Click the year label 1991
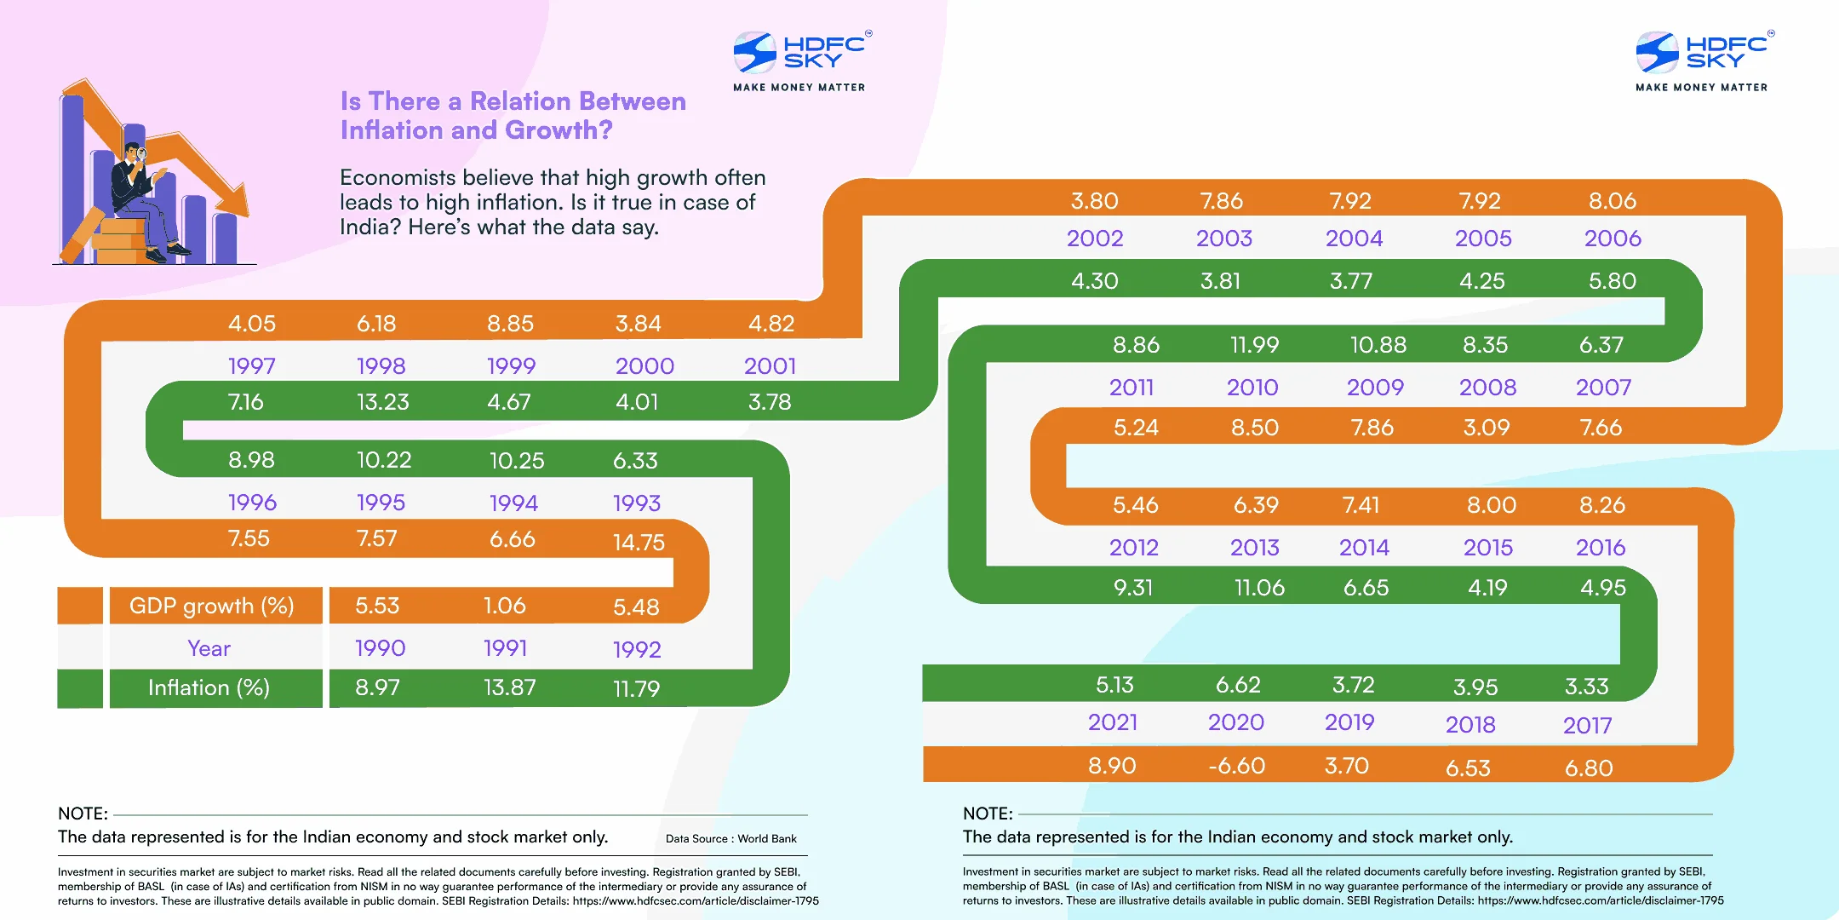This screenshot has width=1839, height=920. coord(505,648)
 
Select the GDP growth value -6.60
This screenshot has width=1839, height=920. coord(1236,766)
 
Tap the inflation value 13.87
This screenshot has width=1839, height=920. coord(509,687)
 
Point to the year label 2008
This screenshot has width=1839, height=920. coord(1487,388)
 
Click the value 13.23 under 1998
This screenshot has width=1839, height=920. coord(382,402)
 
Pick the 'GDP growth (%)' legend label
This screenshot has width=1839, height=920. coord(211,606)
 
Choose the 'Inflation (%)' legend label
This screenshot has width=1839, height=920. coord(209,687)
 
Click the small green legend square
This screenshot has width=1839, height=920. coord(80,688)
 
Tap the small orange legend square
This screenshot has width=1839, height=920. coord(80,606)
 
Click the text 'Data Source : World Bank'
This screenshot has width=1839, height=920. coord(730,839)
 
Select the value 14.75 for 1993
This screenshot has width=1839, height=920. coord(639,543)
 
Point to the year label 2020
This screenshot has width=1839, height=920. coord(1235,722)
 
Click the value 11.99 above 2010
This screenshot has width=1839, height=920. coord(1254,345)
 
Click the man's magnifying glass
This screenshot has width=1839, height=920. coord(142,155)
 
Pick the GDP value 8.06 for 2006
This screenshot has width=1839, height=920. coord(1612,201)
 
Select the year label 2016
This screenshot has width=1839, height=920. coord(1600,548)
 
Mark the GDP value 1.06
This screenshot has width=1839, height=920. coord(504,606)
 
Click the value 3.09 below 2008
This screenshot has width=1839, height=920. coord(1486,428)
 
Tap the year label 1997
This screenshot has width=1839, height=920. coord(251,366)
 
